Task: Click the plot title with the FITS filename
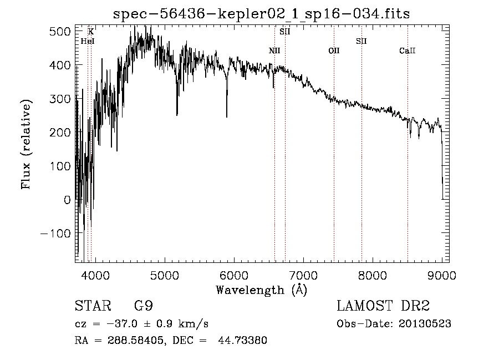click(261, 13)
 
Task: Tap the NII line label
click(274, 51)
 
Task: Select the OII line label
click(334, 51)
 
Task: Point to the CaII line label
click(408, 51)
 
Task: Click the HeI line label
click(88, 41)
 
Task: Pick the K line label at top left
click(91, 32)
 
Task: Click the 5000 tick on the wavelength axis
click(164, 275)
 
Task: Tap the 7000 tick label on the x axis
click(303, 275)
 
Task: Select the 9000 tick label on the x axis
click(441, 275)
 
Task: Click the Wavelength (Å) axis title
click(261, 290)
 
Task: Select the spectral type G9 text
click(144, 306)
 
